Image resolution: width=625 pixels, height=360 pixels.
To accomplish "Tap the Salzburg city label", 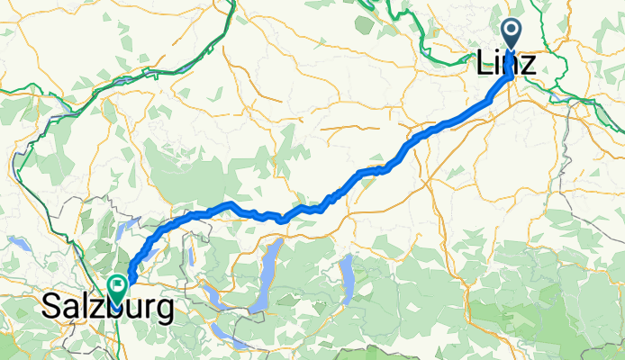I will (108, 309).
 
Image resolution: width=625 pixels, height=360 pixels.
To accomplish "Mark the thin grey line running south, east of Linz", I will (565, 153).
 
